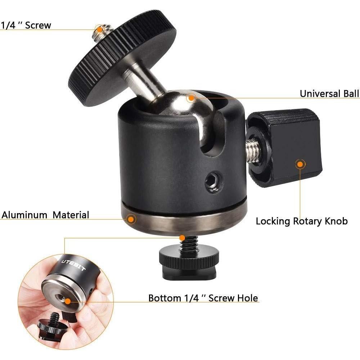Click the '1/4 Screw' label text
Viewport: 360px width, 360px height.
pos(26,25)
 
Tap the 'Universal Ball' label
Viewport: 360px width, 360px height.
pos(329,94)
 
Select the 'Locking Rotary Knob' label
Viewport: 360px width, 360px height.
pos(302,221)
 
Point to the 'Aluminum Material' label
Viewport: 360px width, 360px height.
pos(45,215)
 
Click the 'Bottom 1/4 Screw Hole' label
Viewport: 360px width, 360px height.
pos(203,298)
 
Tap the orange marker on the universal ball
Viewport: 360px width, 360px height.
pos(191,96)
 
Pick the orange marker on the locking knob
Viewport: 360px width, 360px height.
pos(299,165)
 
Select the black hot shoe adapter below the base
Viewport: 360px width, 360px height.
pos(189,263)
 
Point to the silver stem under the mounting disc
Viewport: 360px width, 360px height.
pos(140,81)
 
